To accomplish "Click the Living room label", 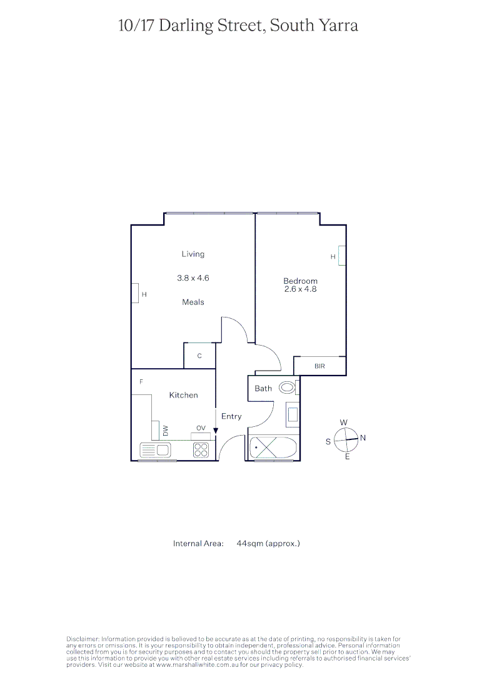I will coord(193,254).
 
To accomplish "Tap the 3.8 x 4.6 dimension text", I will coord(193,278).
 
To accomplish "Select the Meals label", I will coord(193,302).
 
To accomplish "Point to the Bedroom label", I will coord(300,281).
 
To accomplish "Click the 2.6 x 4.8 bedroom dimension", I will coord(300,289).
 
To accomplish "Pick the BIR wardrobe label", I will coord(319,366).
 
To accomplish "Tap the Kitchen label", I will coord(183,395).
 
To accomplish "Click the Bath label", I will coord(263,388).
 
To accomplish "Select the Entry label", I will coord(231,416).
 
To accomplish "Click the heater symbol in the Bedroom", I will coord(341,256).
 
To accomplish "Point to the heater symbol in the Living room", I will coord(134,293).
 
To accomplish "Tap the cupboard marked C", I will coord(199,356).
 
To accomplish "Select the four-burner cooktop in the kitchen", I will coord(201,450).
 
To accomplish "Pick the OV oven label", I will coord(201,428).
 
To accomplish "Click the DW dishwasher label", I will coord(166,431).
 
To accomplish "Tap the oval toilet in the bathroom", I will coord(287,387).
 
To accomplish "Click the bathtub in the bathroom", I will coord(272,448).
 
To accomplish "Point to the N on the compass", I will coord(363,437).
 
